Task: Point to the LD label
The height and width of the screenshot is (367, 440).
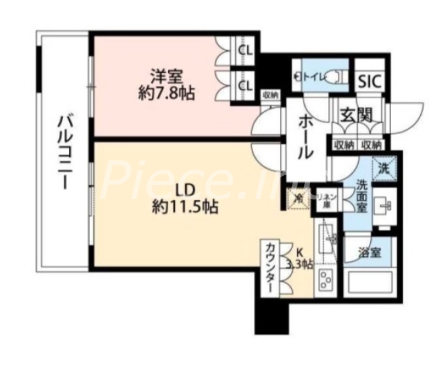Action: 184,190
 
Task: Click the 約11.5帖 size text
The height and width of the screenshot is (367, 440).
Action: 184,207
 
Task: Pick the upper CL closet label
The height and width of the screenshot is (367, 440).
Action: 245,50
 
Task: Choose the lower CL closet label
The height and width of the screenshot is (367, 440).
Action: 245,85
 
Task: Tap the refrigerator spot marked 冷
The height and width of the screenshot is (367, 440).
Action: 296,196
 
